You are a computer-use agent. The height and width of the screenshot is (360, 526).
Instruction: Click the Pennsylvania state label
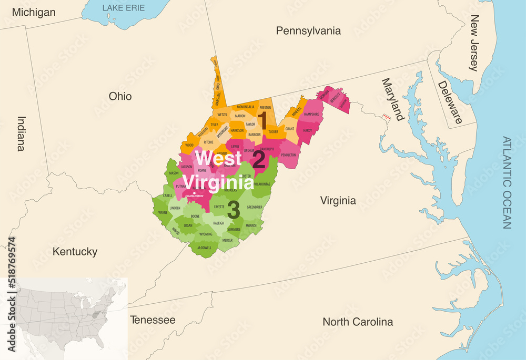(x=308, y=31)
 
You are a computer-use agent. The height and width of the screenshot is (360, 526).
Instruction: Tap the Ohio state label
(x=120, y=97)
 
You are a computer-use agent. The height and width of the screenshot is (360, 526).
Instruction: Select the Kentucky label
(x=75, y=252)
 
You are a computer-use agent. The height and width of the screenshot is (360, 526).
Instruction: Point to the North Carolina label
(x=358, y=322)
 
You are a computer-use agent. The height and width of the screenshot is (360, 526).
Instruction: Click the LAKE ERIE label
(x=124, y=8)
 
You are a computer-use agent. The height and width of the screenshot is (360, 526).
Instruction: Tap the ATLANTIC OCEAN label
(x=507, y=183)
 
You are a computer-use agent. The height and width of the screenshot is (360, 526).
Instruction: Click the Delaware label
(x=450, y=102)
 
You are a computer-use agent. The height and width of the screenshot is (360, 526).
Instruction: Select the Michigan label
(x=34, y=12)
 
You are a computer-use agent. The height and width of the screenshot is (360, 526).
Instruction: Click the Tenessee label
(x=153, y=320)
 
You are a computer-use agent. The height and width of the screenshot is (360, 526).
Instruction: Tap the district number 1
(x=261, y=117)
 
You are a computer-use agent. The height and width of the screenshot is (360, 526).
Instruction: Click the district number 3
(x=234, y=210)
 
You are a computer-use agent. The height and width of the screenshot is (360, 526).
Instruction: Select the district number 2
(x=258, y=160)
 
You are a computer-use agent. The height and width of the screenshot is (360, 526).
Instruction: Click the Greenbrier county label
(x=255, y=207)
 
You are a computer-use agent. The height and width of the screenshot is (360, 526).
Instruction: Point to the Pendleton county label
(x=288, y=155)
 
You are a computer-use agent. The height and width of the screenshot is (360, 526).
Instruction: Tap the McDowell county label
(x=205, y=248)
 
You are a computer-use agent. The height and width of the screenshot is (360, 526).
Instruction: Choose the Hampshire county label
(x=311, y=114)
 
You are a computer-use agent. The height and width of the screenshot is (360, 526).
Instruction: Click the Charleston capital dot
(x=195, y=193)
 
